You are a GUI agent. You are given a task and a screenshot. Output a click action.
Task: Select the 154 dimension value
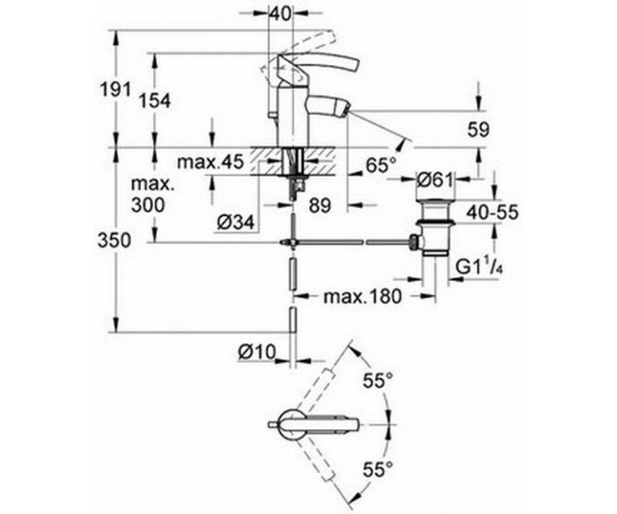155,101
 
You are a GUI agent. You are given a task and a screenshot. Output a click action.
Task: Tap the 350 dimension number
114,241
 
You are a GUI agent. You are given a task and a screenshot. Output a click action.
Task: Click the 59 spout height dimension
478,130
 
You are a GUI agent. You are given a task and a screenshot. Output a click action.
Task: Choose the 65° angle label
381,165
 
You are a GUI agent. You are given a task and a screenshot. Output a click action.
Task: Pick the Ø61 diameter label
434,180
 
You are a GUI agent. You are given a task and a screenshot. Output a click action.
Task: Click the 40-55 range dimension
492,212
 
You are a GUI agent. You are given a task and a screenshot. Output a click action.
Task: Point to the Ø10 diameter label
257,352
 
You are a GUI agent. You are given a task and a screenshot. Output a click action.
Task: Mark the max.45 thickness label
210,162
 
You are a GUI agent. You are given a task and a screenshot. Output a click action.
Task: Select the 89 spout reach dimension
320,206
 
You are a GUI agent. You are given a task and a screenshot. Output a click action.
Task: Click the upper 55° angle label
378,380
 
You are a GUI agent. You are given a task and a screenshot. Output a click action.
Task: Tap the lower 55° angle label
378,469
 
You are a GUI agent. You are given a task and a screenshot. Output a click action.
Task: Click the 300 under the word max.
148,205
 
